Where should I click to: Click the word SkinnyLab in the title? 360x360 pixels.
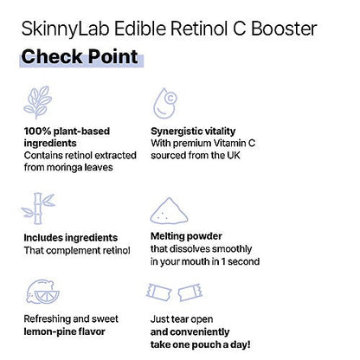pos(66,29)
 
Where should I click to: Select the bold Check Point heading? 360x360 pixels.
pos(80,56)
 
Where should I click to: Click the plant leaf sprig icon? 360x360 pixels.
pos(38,102)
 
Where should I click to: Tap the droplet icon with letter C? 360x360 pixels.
pos(164,104)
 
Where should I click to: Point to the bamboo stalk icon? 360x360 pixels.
pos(38,209)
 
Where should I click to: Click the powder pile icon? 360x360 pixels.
pos(169,211)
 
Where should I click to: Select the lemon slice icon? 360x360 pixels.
pos(42,292)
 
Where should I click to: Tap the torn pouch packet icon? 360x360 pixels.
pos(174,292)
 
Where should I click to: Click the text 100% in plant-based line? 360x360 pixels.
pos(37,132)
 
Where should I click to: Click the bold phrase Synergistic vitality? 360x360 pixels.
pos(193,132)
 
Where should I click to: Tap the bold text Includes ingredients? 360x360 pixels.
pos(71,238)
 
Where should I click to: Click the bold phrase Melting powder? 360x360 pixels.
pos(186,236)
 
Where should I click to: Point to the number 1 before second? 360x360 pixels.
pos(223,261)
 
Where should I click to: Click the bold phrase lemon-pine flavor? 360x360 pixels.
pos(64,331)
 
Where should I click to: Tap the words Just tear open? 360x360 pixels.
pos(182,319)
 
